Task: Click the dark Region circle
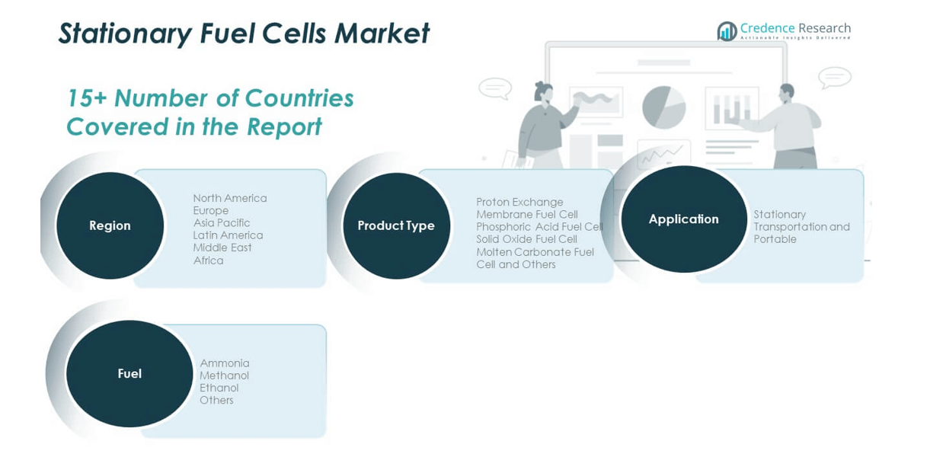[110, 225]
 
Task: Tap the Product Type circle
[396, 225]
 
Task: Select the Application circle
[683, 219]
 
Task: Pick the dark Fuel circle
[129, 373]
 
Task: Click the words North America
[230, 198]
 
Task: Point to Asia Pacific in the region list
[222, 223]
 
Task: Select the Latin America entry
[228, 235]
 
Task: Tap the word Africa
[208, 260]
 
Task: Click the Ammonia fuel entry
[225, 363]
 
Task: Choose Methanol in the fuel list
[224, 376]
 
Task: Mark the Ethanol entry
[219, 388]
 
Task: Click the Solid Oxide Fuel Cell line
[526, 239]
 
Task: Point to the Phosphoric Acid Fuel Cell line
[539, 227]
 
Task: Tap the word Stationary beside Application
[779, 215]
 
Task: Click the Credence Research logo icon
[727, 31]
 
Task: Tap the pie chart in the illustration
[663, 107]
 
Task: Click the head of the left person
[543, 91]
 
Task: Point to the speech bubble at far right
[834, 77]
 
